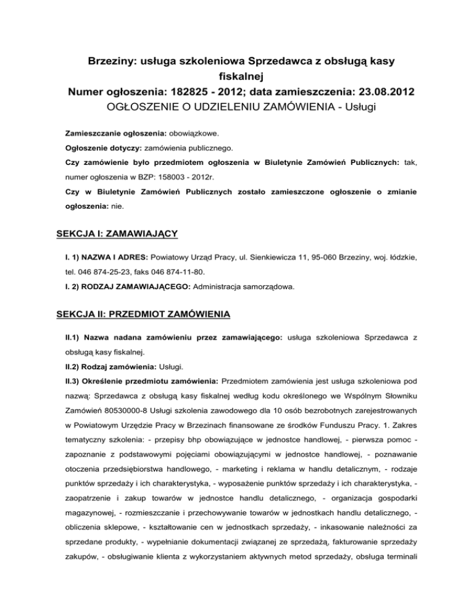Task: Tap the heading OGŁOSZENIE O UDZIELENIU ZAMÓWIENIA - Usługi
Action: pos(236,108)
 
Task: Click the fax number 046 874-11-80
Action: pos(183,273)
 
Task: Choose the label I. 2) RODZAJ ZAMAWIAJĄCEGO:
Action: pos(130,287)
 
